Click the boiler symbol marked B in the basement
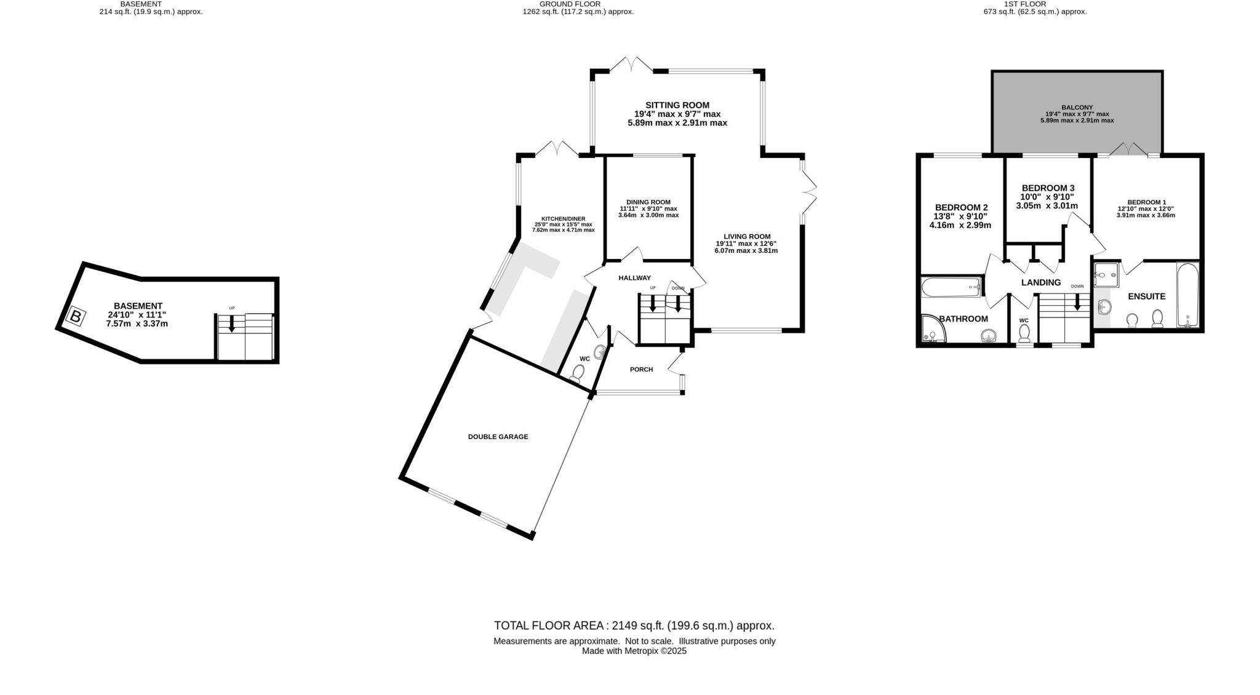[x=76, y=317]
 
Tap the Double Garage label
[x=498, y=437]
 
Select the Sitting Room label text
[x=677, y=105]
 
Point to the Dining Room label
[x=648, y=202]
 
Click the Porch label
[x=641, y=370]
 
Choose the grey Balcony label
[x=1077, y=108]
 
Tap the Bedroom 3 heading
[x=1048, y=188]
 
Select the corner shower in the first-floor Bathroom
[x=935, y=329]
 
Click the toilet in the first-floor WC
[x=1024, y=333]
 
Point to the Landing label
[x=1041, y=283]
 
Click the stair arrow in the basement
[x=231, y=324]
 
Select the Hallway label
[x=634, y=278]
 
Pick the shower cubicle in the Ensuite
[x=1107, y=274]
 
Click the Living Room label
[x=747, y=236]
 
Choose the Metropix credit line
[x=634, y=651]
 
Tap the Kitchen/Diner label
[x=563, y=219]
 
